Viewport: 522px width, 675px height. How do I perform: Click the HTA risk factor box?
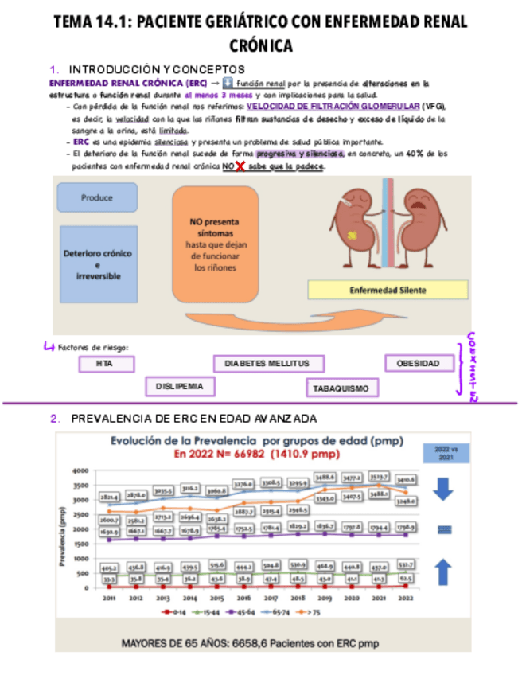[107, 364]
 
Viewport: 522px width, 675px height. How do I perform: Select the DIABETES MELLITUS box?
[269, 364]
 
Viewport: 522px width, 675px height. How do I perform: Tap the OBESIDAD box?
[419, 364]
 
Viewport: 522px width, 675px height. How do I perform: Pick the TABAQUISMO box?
[341, 388]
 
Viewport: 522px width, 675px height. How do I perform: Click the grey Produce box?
[97, 197]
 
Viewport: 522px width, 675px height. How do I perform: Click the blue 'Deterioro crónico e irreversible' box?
[99, 264]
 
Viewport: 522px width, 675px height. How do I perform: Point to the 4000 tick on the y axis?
[80, 470]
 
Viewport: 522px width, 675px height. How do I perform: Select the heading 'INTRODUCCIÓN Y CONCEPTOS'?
[157, 70]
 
